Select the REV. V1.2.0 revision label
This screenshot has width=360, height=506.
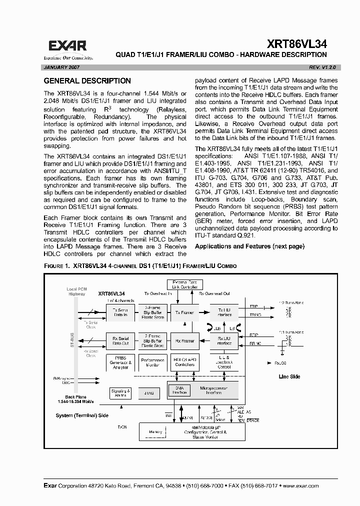point(314,66)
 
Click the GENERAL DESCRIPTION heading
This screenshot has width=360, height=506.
point(87,81)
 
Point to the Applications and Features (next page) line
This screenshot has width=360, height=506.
point(249,246)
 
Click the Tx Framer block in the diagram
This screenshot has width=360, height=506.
point(184,312)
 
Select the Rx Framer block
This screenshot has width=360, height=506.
point(184,341)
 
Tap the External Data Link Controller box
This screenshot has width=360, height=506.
point(184,285)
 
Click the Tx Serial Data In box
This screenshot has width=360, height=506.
point(120,312)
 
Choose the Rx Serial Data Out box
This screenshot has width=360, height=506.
point(120,341)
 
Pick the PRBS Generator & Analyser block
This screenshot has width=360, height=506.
point(120,363)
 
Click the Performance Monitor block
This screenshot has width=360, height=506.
point(152,363)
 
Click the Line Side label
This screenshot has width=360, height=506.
point(289,376)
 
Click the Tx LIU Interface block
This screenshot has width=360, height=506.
point(224,312)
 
